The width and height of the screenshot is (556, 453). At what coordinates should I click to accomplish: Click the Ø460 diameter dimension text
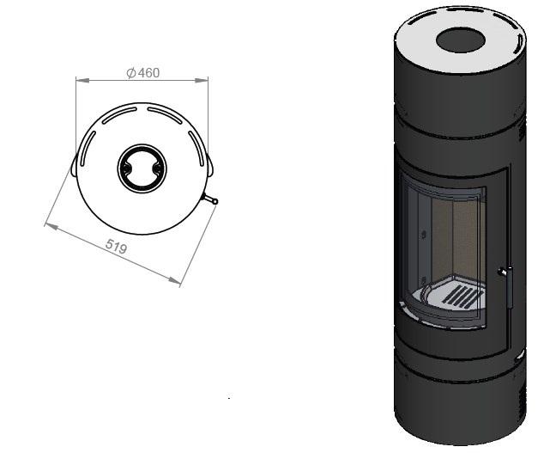143,73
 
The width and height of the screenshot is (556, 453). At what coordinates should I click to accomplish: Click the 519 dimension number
117,246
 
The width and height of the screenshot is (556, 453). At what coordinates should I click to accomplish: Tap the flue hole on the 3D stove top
460,40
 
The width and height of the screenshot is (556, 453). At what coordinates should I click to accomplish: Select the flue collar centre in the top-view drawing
142,168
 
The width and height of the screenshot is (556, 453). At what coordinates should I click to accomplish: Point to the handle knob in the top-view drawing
215,202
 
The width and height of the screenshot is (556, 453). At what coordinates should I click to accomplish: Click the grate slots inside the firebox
462,296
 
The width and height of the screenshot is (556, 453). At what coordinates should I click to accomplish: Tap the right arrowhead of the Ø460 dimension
202,80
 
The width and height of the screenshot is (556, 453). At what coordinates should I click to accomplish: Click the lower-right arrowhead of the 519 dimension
175,281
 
